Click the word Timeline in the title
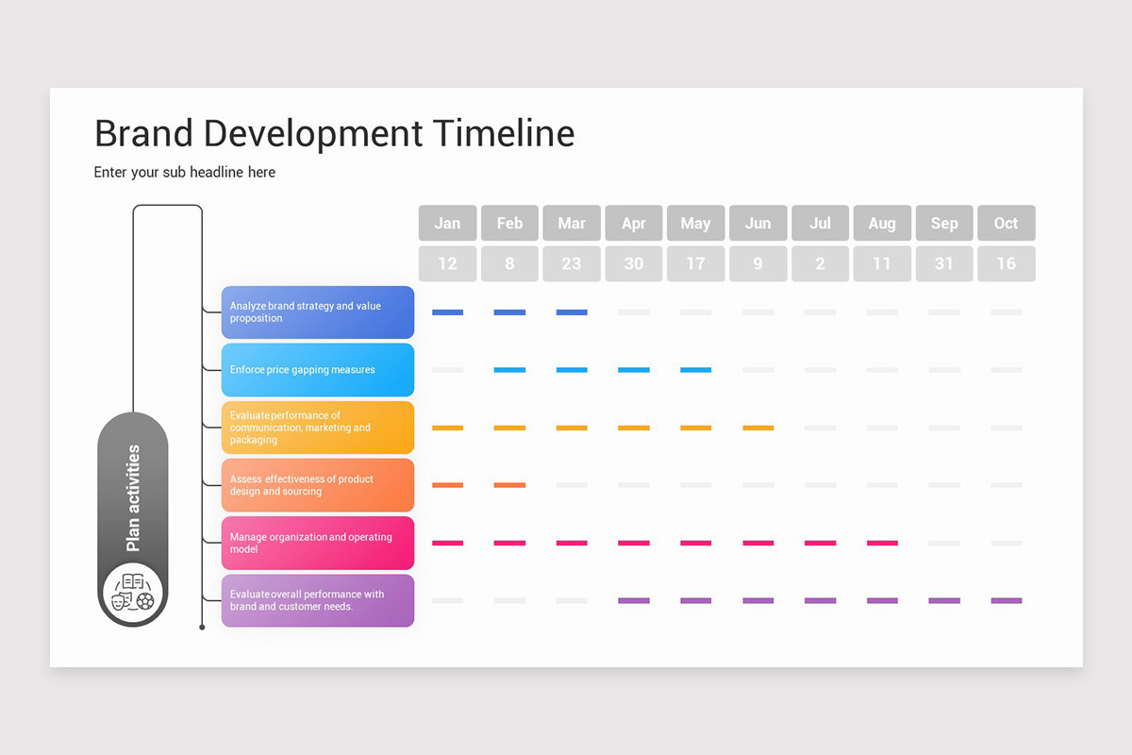(x=504, y=133)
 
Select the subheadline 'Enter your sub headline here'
(x=185, y=172)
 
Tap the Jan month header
(x=447, y=224)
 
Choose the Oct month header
(x=1006, y=224)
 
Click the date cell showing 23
(x=572, y=264)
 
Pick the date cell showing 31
(x=943, y=264)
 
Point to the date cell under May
(x=695, y=264)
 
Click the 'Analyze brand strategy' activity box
(x=318, y=312)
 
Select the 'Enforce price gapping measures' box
(x=318, y=370)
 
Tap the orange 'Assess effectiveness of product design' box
(x=318, y=485)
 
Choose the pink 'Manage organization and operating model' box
(x=318, y=543)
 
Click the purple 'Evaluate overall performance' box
(x=318, y=600)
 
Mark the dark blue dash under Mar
(x=572, y=312)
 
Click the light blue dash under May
(x=695, y=370)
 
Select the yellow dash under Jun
(x=757, y=428)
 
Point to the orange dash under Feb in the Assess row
(x=509, y=485)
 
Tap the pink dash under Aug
(x=882, y=543)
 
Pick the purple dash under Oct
(x=1006, y=600)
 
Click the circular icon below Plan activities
(x=133, y=591)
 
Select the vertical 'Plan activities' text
(x=133, y=498)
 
